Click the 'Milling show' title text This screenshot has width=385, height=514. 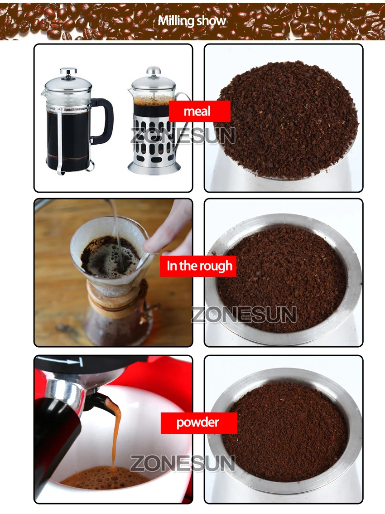(x=192, y=21)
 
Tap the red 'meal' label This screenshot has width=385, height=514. (x=200, y=111)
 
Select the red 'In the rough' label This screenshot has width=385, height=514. (x=198, y=266)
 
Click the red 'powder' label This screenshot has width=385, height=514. (x=199, y=423)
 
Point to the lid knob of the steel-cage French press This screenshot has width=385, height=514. (x=154, y=70)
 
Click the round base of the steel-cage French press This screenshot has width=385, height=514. (x=154, y=167)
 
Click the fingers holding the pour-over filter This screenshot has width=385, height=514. (x=170, y=229)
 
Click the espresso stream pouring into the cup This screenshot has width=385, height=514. (x=115, y=433)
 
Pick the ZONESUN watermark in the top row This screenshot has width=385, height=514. (x=183, y=136)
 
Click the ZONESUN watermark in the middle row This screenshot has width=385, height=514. (x=244, y=315)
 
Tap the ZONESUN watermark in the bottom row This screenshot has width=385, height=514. (x=183, y=463)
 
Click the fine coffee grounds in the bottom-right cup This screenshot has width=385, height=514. (x=284, y=433)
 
